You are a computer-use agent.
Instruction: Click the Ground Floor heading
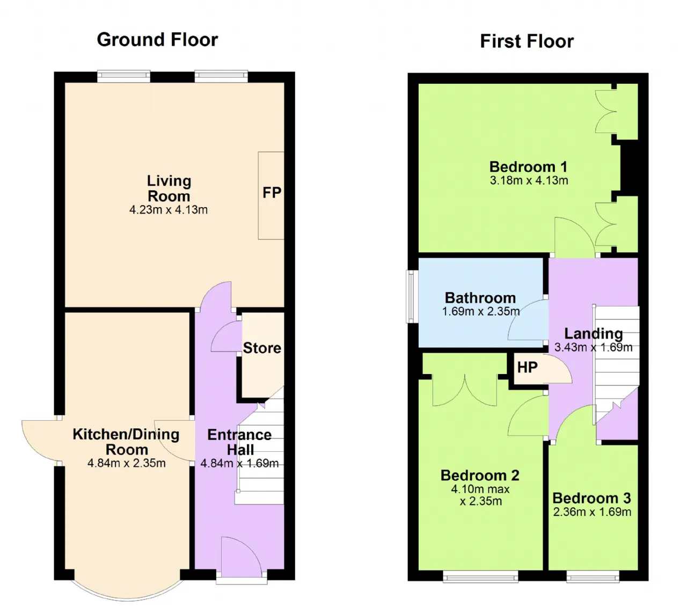pos(157,40)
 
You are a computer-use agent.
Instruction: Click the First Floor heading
pos(527,41)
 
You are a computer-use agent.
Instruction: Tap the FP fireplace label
pos(272,193)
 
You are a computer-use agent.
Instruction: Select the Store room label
pos(262,348)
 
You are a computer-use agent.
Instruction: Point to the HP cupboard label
pos(527,367)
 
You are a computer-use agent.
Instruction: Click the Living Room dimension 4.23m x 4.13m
pos(168,210)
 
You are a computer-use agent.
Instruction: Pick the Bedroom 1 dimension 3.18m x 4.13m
pos(529,180)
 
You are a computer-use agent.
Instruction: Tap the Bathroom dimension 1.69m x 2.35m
pos(480,311)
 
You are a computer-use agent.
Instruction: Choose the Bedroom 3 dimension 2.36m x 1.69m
pos(591,511)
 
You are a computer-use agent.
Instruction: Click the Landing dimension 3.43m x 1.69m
pos(593,347)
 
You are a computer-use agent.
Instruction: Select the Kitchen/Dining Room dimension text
pos(127,463)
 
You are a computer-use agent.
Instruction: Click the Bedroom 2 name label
pos(480,476)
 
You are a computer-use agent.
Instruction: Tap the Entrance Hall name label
pos(240,442)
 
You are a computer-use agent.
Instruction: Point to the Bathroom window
pos(412,296)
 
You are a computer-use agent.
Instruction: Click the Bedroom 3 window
pos(593,577)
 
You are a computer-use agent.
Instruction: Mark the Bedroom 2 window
pos(480,577)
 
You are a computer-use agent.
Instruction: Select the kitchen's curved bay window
pos(127,596)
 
